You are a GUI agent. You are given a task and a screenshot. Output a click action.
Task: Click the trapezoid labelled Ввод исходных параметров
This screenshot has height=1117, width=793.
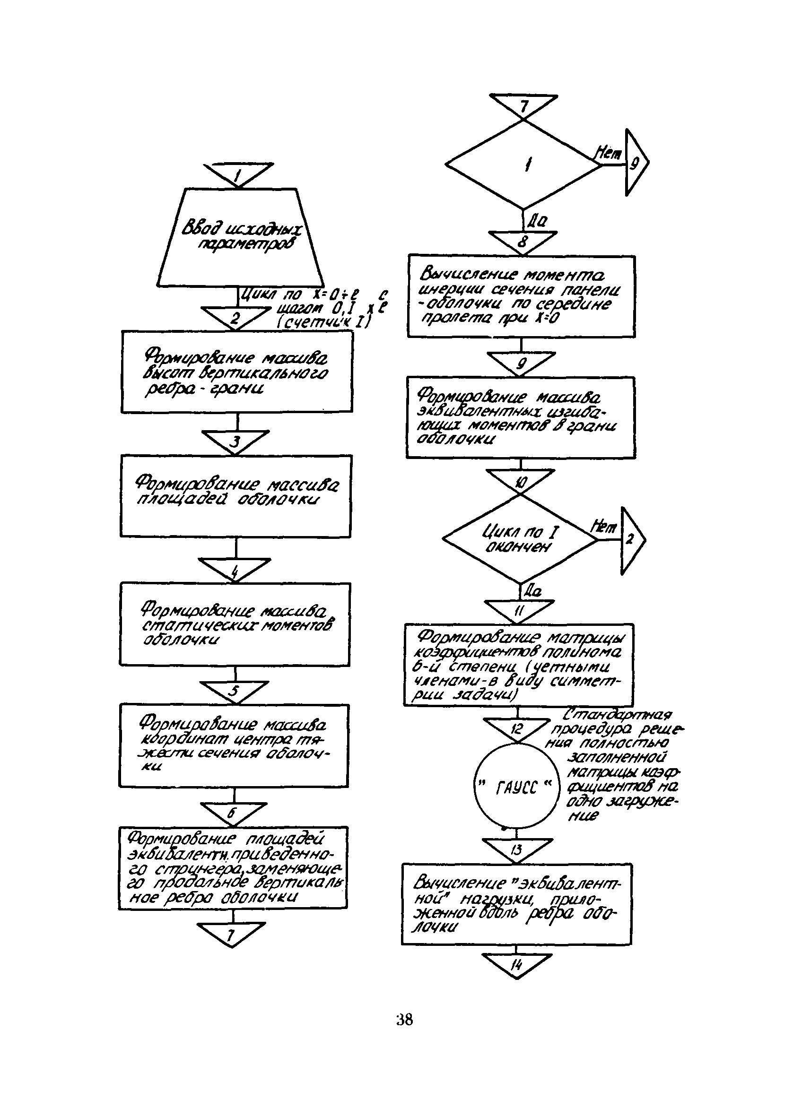(x=240, y=238)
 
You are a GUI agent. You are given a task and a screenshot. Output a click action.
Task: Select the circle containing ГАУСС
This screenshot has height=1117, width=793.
(x=516, y=786)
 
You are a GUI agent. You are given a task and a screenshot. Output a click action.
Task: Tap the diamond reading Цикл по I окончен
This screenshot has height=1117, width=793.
(x=520, y=539)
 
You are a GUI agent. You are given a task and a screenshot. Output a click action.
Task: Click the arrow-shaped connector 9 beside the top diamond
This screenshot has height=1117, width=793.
(x=636, y=163)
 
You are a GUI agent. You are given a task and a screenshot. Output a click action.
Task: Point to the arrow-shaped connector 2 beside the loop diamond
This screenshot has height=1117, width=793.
(x=632, y=540)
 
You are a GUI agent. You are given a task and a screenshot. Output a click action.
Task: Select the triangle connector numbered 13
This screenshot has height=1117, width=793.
(x=517, y=849)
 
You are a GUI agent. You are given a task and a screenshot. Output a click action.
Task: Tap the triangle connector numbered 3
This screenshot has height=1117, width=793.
(x=235, y=441)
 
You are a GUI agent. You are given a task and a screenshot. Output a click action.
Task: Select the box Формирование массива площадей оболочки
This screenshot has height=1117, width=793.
(x=235, y=496)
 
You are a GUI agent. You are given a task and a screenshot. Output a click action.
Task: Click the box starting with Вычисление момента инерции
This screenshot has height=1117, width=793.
(x=521, y=296)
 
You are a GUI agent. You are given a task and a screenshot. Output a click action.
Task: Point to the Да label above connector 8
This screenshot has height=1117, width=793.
(x=537, y=222)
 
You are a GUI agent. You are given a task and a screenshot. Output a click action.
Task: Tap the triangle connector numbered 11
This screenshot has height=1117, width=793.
(x=519, y=610)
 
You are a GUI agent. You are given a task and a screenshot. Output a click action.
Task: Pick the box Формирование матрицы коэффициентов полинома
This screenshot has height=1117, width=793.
(x=518, y=665)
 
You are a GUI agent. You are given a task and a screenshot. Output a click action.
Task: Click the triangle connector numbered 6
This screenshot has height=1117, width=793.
(x=234, y=813)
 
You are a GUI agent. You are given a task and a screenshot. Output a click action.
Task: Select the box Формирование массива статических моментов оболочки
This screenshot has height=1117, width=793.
(x=235, y=624)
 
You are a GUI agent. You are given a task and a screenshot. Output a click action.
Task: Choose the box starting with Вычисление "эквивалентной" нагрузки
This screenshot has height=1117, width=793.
(x=516, y=904)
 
